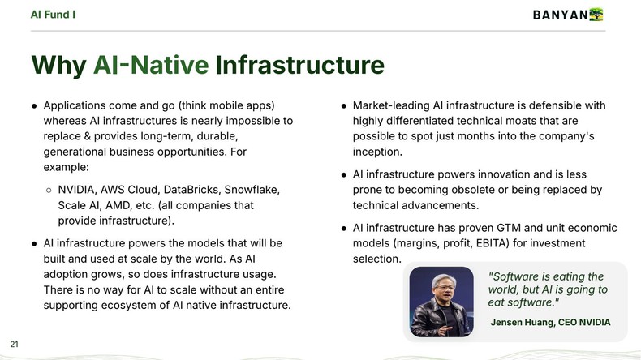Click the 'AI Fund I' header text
tap(53, 14)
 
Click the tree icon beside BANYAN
tap(597, 15)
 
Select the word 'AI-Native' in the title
tap(151, 66)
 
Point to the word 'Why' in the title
tap(58, 66)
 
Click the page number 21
tap(14, 343)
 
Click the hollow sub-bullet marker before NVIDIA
tap(48, 190)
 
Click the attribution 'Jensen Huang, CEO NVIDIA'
tap(550, 322)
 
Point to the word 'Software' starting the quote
tap(516, 276)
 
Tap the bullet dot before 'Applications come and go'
tap(34, 106)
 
